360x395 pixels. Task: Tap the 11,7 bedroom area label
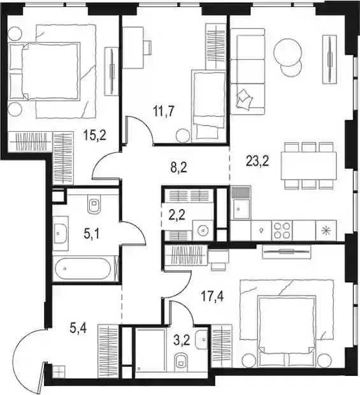click(164, 111)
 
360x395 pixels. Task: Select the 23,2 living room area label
click(257, 161)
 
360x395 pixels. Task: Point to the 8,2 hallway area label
click(178, 168)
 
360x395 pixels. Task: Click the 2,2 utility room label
click(177, 215)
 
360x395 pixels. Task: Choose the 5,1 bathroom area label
click(92, 234)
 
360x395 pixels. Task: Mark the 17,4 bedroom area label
click(212, 296)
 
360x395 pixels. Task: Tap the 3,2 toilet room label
click(182, 340)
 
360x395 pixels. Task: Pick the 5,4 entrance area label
click(78, 328)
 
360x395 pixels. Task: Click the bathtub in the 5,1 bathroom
click(83, 269)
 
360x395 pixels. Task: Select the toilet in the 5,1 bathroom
click(94, 203)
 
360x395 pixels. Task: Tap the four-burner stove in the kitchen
click(282, 230)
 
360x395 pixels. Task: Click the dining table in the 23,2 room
click(309, 166)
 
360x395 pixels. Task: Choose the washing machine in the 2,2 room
click(203, 230)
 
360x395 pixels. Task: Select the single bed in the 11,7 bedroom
click(208, 106)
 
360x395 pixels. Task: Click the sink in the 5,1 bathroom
click(61, 234)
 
